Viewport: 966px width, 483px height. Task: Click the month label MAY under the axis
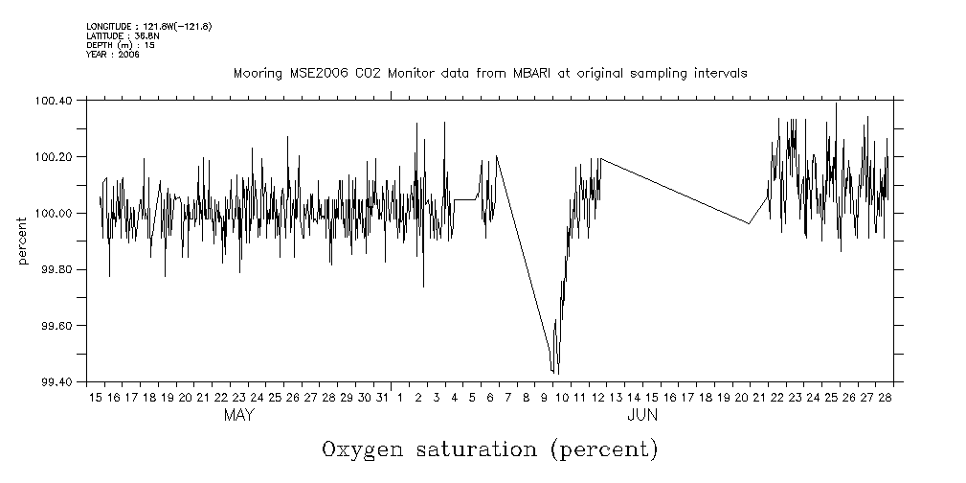tap(238, 416)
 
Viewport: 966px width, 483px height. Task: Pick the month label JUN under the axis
tap(641, 416)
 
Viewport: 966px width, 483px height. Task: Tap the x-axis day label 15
tap(96, 397)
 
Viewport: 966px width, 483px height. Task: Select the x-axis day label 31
tap(382, 397)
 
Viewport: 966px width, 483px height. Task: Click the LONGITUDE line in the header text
tap(148, 26)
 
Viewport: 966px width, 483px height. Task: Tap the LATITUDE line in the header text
tap(122, 35)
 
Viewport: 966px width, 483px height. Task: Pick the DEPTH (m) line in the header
tap(121, 45)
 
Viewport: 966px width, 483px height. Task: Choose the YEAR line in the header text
tap(113, 55)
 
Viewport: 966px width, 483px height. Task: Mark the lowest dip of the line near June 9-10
tap(558, 373)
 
